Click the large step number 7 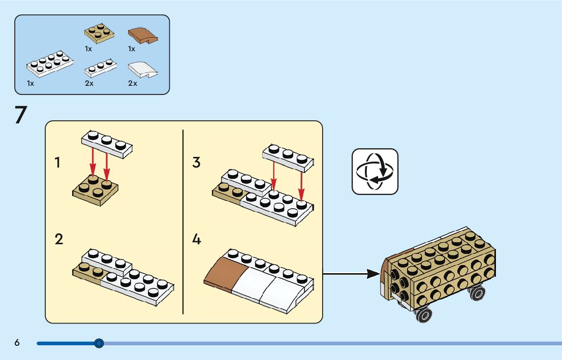[20, 115]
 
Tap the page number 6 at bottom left [17, 343]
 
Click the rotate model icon [375, 171]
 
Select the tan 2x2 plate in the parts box [99, 33]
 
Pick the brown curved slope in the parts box [143, 35]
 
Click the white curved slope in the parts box [143, 70]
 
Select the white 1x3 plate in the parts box [100, 68]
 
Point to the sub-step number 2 [59, 239]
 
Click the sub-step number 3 [197, 163]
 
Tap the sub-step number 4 [197, 239]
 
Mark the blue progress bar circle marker [99, 343]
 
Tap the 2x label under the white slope [133, 83]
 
